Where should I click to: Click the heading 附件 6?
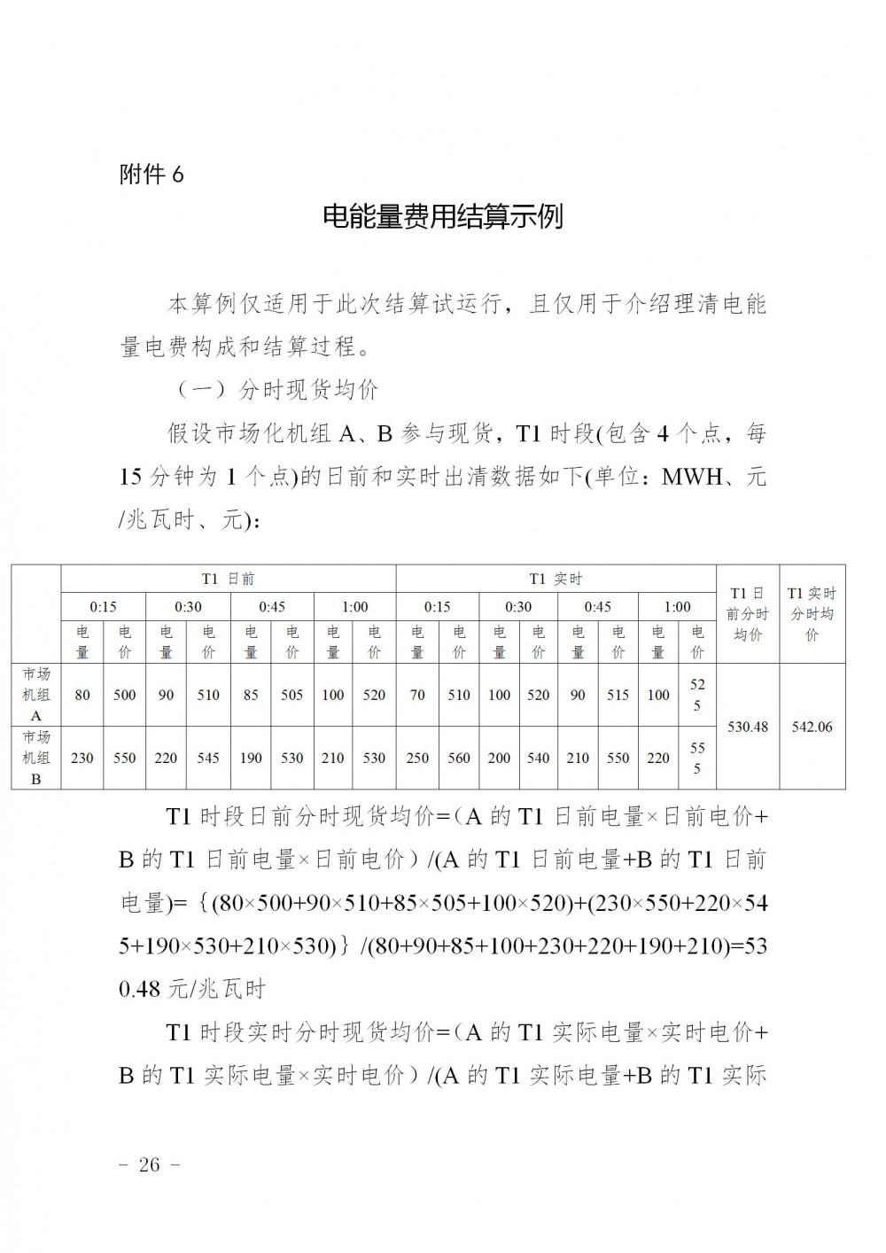coord(152,175)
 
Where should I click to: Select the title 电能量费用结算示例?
coord(442,217)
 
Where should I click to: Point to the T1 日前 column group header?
coord(228,579)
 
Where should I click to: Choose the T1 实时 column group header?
coord(556,579)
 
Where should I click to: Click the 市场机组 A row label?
coord(36,695)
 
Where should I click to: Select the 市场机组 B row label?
coord(36,758)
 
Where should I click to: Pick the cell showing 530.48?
coord(747,727)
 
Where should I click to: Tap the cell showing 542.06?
coord(812,727)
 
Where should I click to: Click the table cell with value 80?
coord(82,695)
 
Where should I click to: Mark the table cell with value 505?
coord(291,695)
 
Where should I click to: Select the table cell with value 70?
coord(417,695)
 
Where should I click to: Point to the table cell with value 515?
coord(618,695)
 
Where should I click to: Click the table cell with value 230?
coord(82,758)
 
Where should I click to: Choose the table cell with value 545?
coord(208,758)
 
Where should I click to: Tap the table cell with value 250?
coord(417,758)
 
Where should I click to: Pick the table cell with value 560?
coord(459,758)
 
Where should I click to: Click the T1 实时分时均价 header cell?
coord(812,613)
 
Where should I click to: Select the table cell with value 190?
coord(251,758)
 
